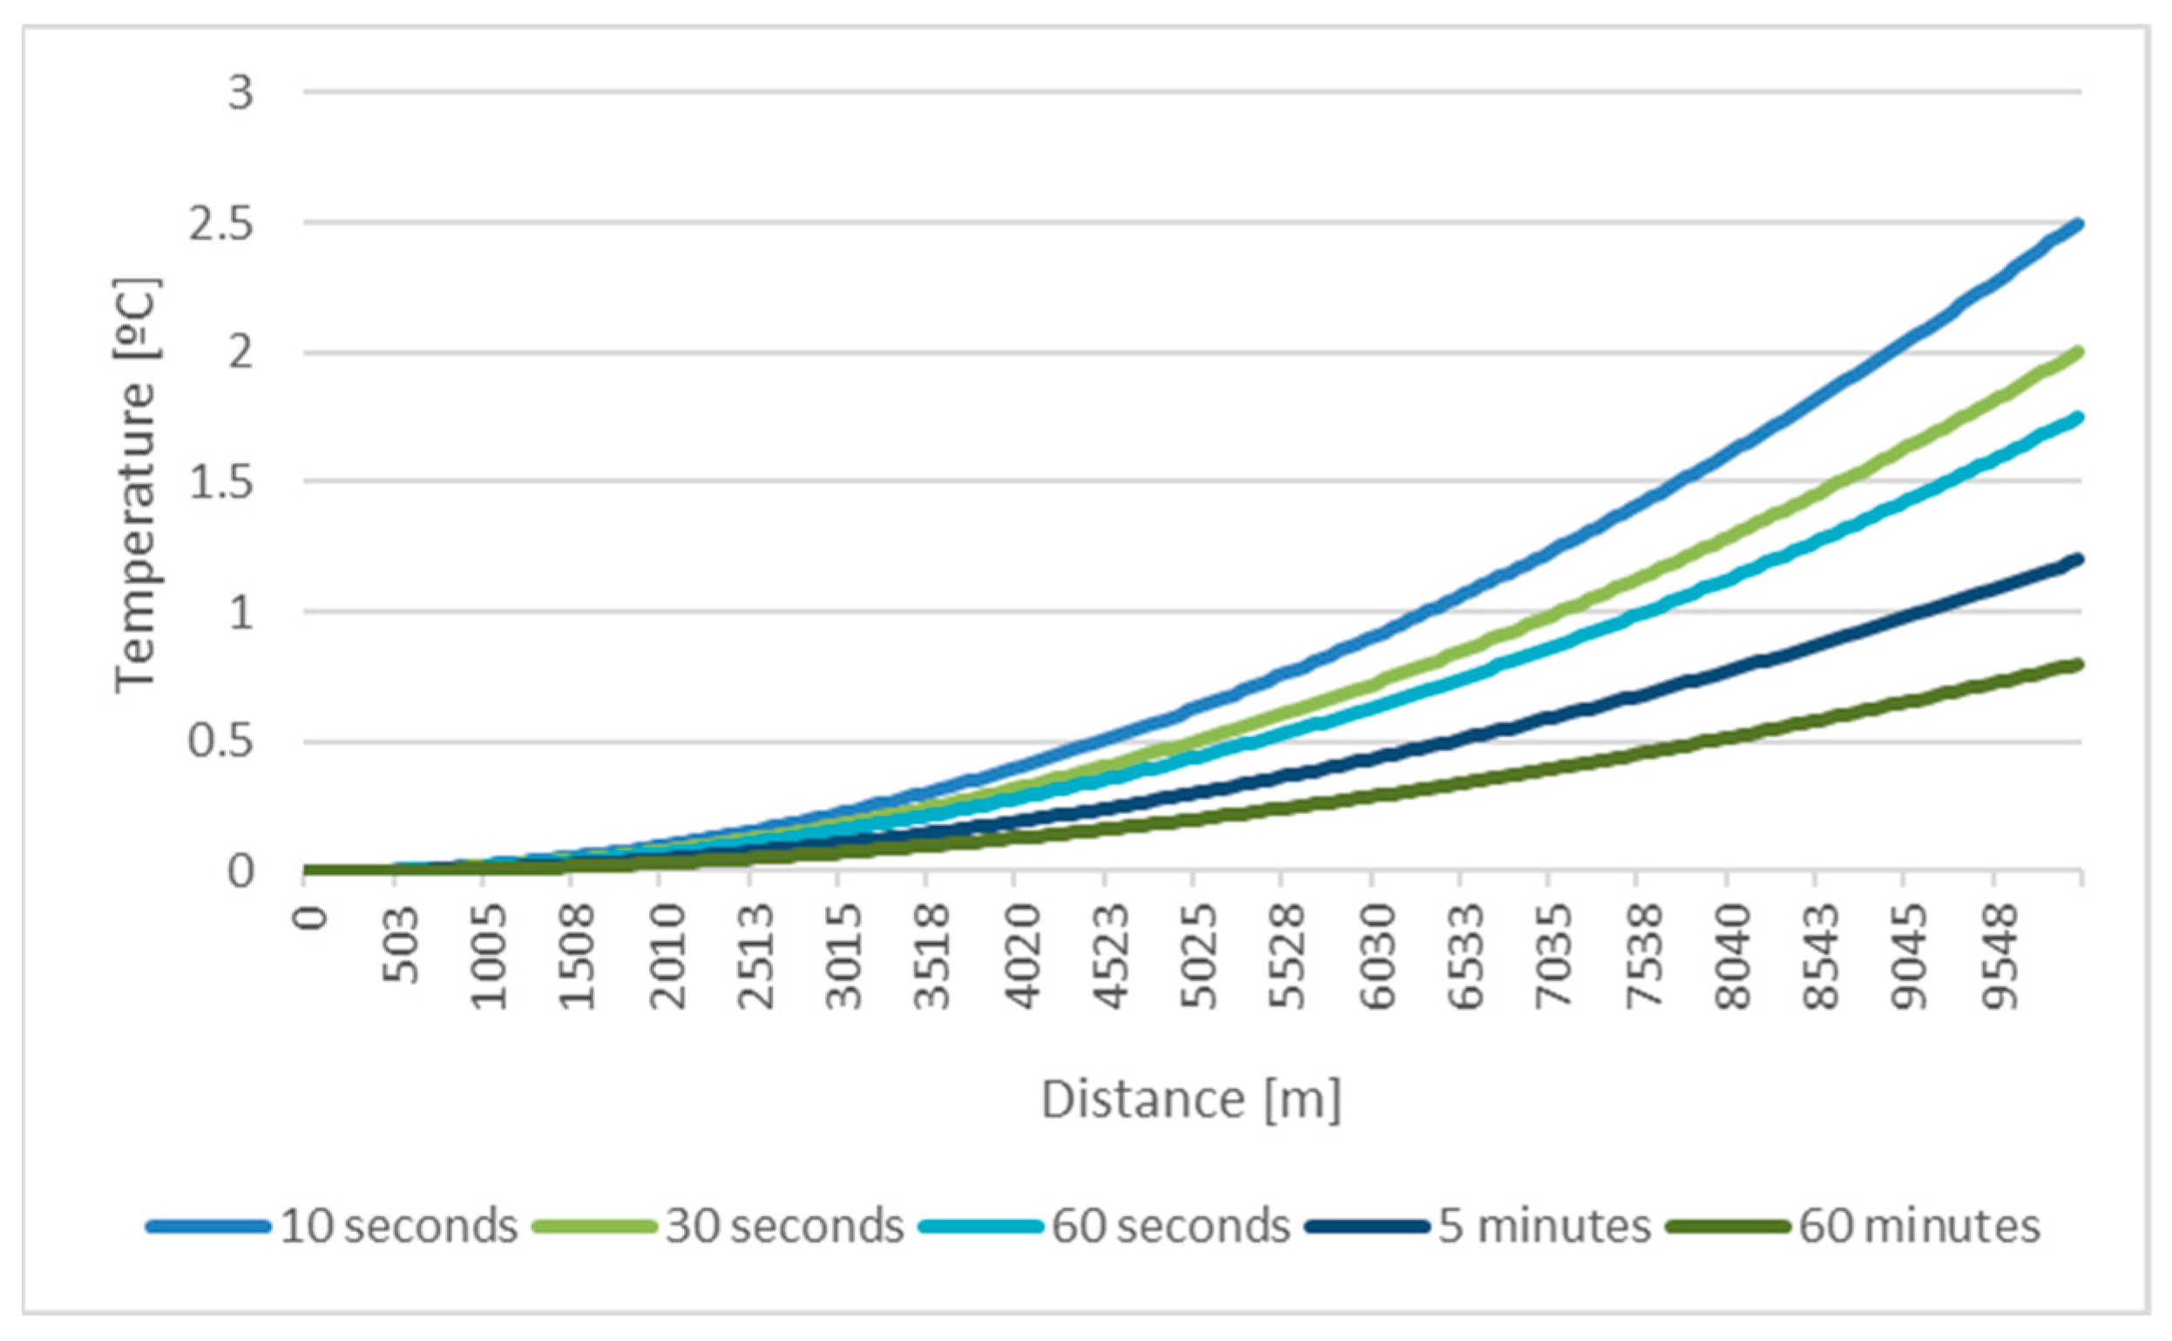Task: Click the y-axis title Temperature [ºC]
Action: pos(136,485)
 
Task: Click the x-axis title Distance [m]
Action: pos(1191,1100)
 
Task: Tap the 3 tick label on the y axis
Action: pos(240,93)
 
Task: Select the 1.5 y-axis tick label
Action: pos(220,484)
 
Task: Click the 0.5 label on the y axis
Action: pos(220,742)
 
